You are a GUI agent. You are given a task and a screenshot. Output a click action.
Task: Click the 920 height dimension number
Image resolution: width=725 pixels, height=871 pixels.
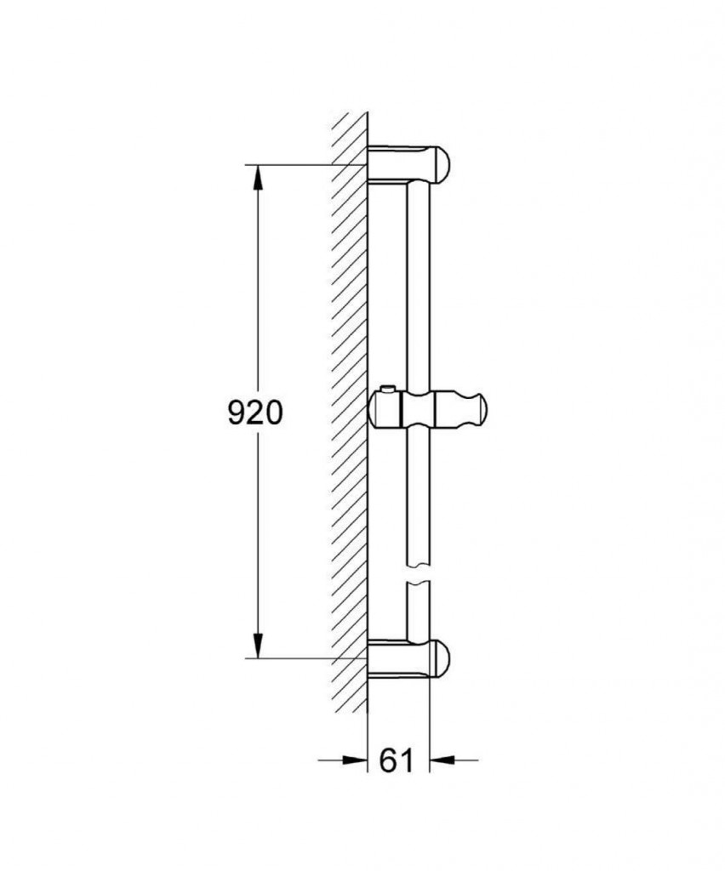coord(254,413)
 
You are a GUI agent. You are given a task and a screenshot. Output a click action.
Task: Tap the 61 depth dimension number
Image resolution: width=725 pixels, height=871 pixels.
coord(397,760)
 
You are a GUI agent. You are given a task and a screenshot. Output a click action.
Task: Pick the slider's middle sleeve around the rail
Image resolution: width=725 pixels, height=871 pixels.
coord(419,411)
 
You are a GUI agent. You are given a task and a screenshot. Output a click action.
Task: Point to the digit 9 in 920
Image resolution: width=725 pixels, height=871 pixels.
coord(236,413)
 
